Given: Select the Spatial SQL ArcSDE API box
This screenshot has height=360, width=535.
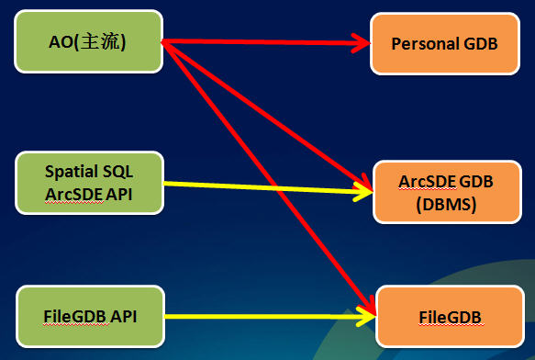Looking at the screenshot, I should (90, 182).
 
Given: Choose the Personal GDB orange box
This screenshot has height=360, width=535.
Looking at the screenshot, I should (438, 43).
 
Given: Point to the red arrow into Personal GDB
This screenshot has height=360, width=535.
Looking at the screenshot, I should (266, 42).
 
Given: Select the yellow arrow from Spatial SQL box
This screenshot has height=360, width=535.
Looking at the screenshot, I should (266, 188).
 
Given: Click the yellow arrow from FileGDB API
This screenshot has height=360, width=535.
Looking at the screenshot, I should (266, 318).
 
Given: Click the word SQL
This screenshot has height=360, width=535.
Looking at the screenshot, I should (120, 171).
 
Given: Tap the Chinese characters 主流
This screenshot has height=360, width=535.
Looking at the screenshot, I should (106, 42).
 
